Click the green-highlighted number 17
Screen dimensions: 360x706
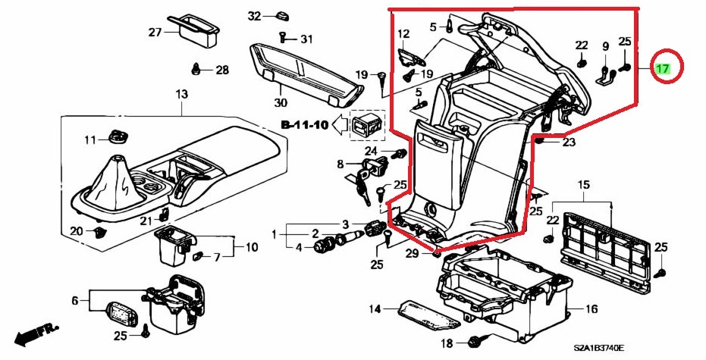click(663, 68)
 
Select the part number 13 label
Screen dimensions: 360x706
click(180, 94)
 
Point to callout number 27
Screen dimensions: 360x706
click(155, 33)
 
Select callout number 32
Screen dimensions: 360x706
click(254, 16)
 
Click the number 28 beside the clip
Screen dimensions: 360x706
click(221, 70)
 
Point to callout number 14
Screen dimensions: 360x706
click(374, 308)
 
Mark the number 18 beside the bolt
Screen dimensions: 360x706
click(446, 344)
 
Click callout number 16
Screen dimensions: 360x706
click(591, 308)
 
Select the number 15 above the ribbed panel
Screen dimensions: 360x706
click(583, 185)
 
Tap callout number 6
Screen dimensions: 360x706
click(75, 301)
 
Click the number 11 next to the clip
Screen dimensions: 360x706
click(91, 139)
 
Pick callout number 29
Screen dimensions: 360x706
click(412, 252)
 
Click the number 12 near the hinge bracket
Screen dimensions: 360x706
click(403, 34)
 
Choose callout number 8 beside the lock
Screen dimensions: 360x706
click(340, 164)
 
